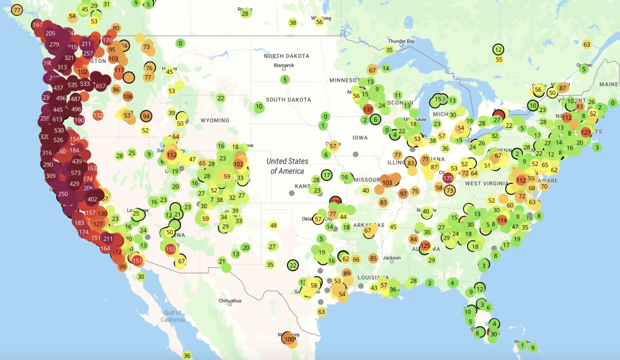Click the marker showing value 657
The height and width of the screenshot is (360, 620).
[101, 86]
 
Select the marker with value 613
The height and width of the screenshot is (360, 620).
[57, 120]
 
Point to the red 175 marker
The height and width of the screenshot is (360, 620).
[448, 178]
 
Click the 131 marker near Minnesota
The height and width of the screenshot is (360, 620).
[368, 110]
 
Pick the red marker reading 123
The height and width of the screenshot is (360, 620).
[585, 132]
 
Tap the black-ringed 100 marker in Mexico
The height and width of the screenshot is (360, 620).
[289, 339]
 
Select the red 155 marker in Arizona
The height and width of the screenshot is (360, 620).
[170, 249]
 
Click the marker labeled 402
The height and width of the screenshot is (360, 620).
[93, 199]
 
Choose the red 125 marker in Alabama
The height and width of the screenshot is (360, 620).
[426, 246]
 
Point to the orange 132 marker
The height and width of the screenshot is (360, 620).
[98, 115]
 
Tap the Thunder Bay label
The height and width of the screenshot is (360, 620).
[401, 41]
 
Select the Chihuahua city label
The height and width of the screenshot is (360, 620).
[230, 301]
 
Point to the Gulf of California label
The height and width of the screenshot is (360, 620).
[173, 316]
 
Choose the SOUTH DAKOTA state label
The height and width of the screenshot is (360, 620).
[288, 99]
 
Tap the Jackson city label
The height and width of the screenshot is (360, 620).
[391, 257]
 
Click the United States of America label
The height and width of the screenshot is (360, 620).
[287, 166]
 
